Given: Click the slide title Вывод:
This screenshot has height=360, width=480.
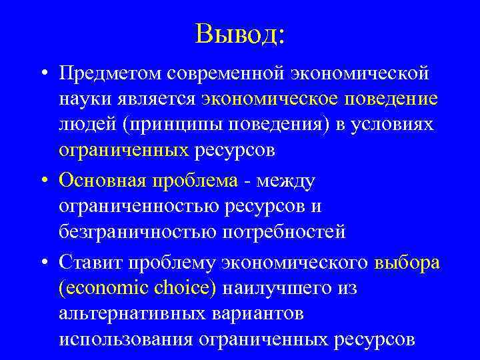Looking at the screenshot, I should [240, 33].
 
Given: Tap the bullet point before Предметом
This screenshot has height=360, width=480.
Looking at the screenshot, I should [42, 73].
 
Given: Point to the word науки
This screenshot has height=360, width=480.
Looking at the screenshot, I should [84, 99].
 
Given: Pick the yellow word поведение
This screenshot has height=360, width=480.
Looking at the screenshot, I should [393, 99].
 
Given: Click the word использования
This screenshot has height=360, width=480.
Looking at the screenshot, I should [126, 340].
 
